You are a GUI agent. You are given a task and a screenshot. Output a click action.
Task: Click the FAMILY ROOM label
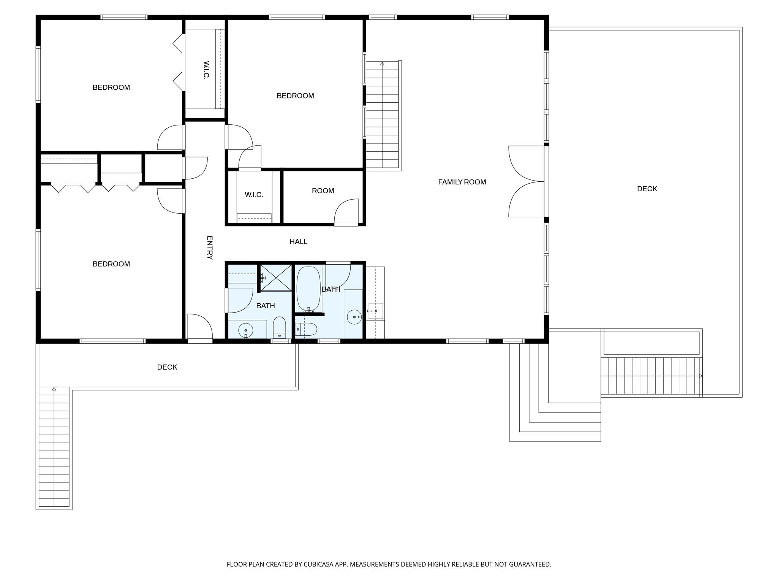[462, 182]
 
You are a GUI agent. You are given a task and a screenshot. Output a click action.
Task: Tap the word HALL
[298, 241]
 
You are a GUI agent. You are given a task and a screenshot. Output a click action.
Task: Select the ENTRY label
[209, 248]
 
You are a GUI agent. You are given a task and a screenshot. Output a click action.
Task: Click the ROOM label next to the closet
[323, 191]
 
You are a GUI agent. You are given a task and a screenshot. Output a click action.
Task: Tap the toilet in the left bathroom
[279, 327]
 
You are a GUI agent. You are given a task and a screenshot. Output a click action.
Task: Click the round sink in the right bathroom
[354, 317]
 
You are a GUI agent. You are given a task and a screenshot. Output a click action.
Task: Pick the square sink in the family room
[376, 311]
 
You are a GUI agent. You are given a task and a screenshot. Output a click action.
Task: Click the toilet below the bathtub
[307, 329]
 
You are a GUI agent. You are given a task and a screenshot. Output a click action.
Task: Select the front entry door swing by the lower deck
[199, 326]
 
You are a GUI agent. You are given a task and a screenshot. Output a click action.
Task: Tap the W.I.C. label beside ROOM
[254, 195]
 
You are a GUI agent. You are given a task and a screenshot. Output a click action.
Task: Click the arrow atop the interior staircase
[382, 64]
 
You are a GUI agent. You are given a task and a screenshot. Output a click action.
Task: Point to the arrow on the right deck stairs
[701, 376]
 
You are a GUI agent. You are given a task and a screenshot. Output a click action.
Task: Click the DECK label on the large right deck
[647, 189]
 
